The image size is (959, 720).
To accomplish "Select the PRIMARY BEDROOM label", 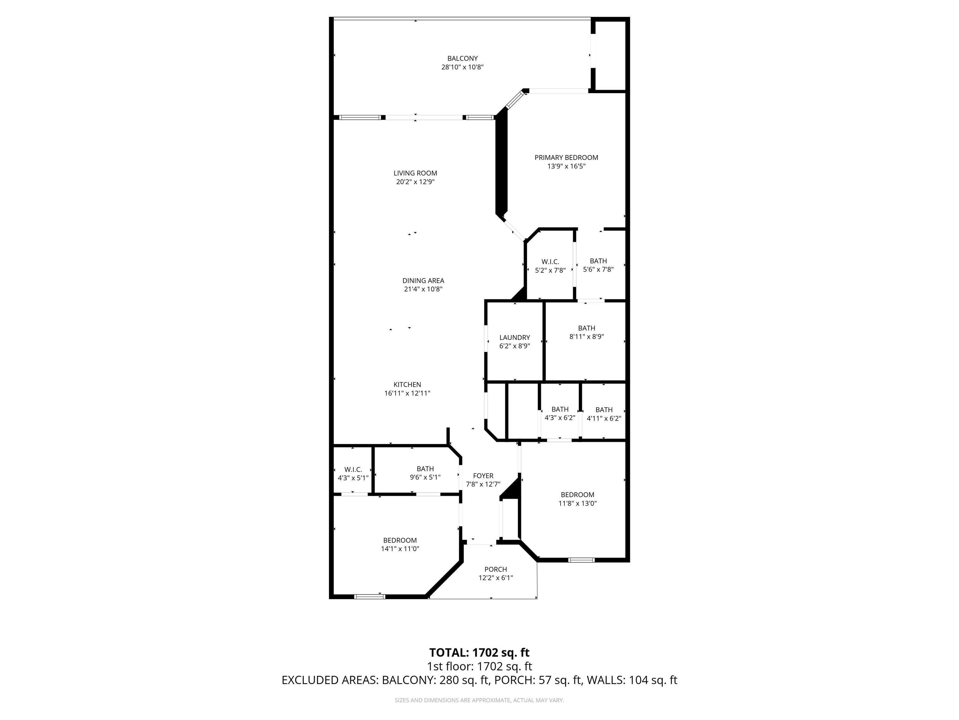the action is click(x=566, y=157).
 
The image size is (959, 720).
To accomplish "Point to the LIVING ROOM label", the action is click(x=415, y=173).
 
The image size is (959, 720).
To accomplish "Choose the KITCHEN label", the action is click(x=407, y=384).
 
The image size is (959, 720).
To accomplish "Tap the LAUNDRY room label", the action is click(x=514, y=337).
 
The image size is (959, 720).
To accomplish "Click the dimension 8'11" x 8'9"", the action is click(x=587, y=336).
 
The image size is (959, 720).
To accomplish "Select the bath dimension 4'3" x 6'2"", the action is click(x=560, y=418).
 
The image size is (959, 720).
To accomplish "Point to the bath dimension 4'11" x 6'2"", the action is click(x=604, y=419).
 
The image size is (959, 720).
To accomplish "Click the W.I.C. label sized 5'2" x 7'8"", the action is click(x=550, y=262).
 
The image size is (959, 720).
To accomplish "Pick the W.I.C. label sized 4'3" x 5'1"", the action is click(x=353, y=470).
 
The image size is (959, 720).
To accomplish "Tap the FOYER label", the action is click(x=483, y=476).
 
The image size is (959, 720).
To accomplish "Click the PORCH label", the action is click(x=495, y=569).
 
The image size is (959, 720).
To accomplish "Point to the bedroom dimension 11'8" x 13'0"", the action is click(x=578, y=503).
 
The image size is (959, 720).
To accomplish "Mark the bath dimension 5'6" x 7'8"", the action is click(x=598, y=269).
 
